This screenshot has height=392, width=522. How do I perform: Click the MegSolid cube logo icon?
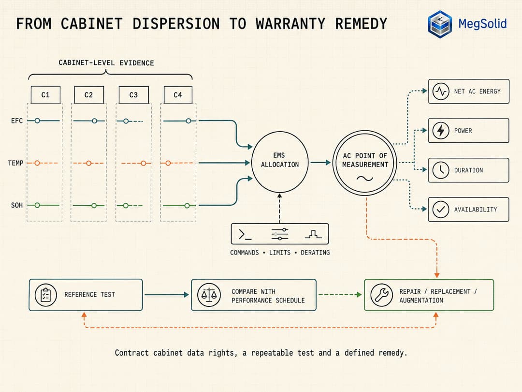pyautogui.click(x=440, y=24)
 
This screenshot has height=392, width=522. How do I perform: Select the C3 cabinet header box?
pyautogui.click(x=133, y=95)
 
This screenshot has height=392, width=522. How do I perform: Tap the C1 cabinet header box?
pyautogui.click(x=45, y=95)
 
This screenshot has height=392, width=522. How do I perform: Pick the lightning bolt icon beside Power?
pyautogui.click(x=441, y=130)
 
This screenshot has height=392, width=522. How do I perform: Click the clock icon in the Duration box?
pyautogui.click(x=441, y=170)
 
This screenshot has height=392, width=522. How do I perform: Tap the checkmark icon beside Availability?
pyautogui.click(x=441, y=210)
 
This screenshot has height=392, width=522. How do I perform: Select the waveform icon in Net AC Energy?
pyautogui.click(x=441, y=91)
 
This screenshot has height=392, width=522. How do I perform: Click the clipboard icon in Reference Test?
pyautogui.click(x=45, y=295)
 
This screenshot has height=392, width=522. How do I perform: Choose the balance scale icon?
pyautogui.click(x=209, y=295)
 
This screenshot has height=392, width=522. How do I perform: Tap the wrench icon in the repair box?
pyautogui.click(x=381, y=295)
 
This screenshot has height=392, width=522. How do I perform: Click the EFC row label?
pyautogui.click(x=17, y=121)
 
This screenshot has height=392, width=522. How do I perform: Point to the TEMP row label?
pyautogui.click(x=15, y=163)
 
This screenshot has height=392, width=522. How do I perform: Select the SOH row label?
pyautogui.click(x=17, y=205)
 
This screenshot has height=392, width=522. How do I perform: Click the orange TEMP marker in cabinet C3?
pyautogui.click(x=144, y=163)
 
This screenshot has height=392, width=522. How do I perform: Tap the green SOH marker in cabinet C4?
pyautogui.click(x=187, y=206)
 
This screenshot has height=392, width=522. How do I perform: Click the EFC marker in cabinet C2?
pyautogui.click(x=95, y=121)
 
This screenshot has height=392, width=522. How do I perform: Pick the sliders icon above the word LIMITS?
pyautogui.click(x=280, y=234)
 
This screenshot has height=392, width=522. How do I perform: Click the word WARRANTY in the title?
pyautogui.click(x=290, y=24)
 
